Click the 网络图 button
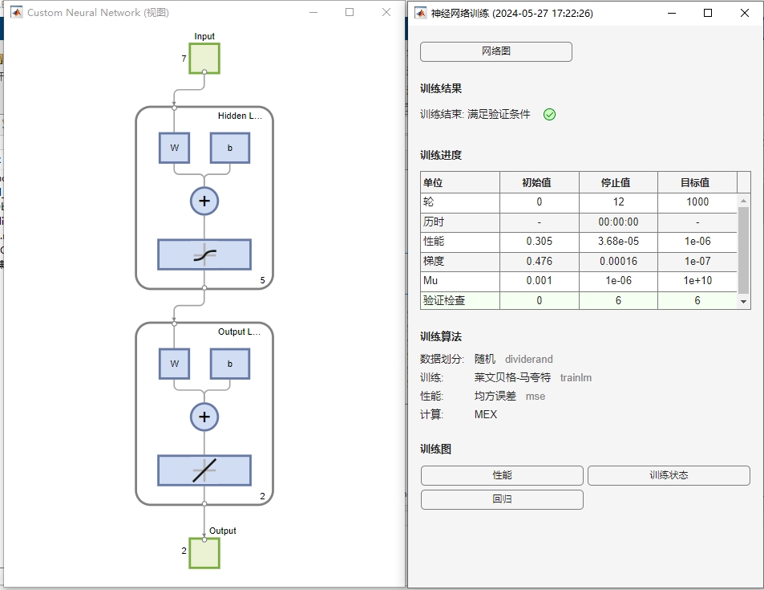tap(496, 51)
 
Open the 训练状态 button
tap(669, 475)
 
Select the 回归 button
tap(502, 499)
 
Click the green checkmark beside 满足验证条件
tap(549, 114)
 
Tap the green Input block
tap(204, 59)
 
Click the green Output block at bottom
tap(204, 553)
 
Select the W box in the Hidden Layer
tap(174, 149)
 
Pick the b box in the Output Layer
tap(230, 364)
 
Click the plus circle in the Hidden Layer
tap(204, 201)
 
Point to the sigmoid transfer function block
tap(204, 254)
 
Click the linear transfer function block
tap(204, 470)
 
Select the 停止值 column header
tap(618, 182)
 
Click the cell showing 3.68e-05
tap(618, 241)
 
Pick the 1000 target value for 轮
tap(697, 201)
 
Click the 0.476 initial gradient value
tap(539, 261)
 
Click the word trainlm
tap(576, 377)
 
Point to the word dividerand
tap(529, 359)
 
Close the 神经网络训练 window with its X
tap(745, 13)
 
